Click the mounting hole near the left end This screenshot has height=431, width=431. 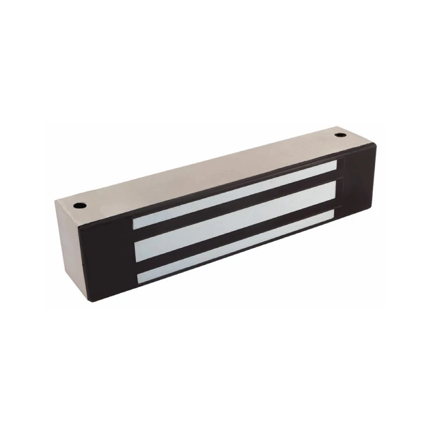point(78,204)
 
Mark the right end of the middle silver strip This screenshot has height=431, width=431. point(335,191)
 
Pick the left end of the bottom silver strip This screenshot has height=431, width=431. point(139,277)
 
